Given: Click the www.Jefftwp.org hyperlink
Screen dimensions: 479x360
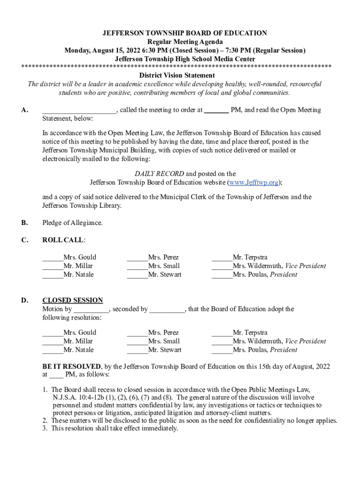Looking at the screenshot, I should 253,182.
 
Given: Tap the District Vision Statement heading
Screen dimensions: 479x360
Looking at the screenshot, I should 177,75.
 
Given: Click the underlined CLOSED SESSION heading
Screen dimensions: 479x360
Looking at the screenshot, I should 72,300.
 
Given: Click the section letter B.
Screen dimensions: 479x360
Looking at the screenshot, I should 24,223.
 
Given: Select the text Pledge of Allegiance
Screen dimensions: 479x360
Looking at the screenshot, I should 72,223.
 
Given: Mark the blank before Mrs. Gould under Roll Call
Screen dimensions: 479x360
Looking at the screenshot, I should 52,258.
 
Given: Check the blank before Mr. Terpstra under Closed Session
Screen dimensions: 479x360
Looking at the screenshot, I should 222,333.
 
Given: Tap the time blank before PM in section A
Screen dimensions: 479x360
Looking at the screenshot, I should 216,110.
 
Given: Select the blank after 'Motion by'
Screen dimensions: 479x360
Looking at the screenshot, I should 91,309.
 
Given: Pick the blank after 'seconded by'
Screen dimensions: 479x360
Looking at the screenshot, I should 167,309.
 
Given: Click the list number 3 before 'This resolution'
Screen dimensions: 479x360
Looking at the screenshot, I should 45,428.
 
